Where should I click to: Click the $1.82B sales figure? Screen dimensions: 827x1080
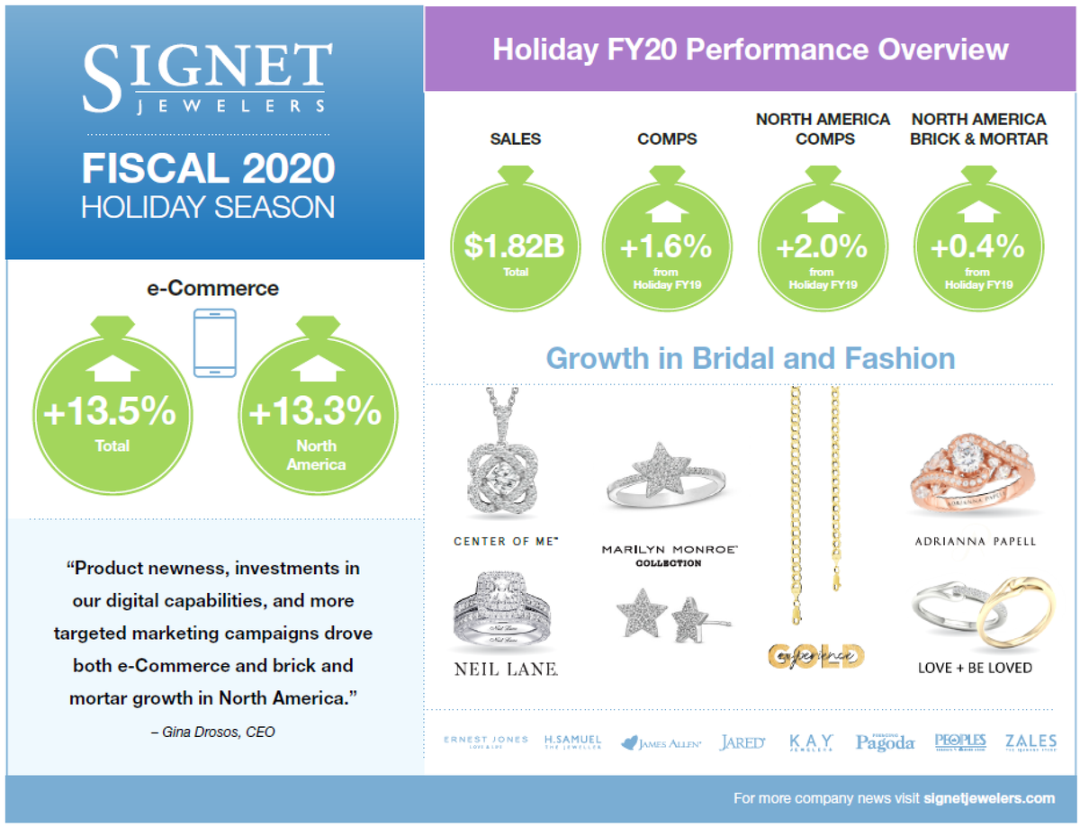click(515, 247)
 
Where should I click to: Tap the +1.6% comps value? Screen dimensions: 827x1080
click(666, 247)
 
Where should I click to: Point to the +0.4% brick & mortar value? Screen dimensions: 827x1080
click(978, 247)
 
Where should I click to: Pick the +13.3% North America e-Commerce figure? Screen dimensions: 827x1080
click(315, 412)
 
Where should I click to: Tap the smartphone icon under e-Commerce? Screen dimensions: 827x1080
click(215, 342)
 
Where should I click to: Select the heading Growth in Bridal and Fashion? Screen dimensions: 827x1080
click(751, 358)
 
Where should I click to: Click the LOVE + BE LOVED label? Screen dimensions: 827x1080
click(975, 668)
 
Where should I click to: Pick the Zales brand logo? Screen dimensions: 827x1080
click(1031, 742)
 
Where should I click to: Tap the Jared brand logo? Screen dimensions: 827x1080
click(742, 742)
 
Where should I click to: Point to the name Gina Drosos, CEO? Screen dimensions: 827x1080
click(213, 733)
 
